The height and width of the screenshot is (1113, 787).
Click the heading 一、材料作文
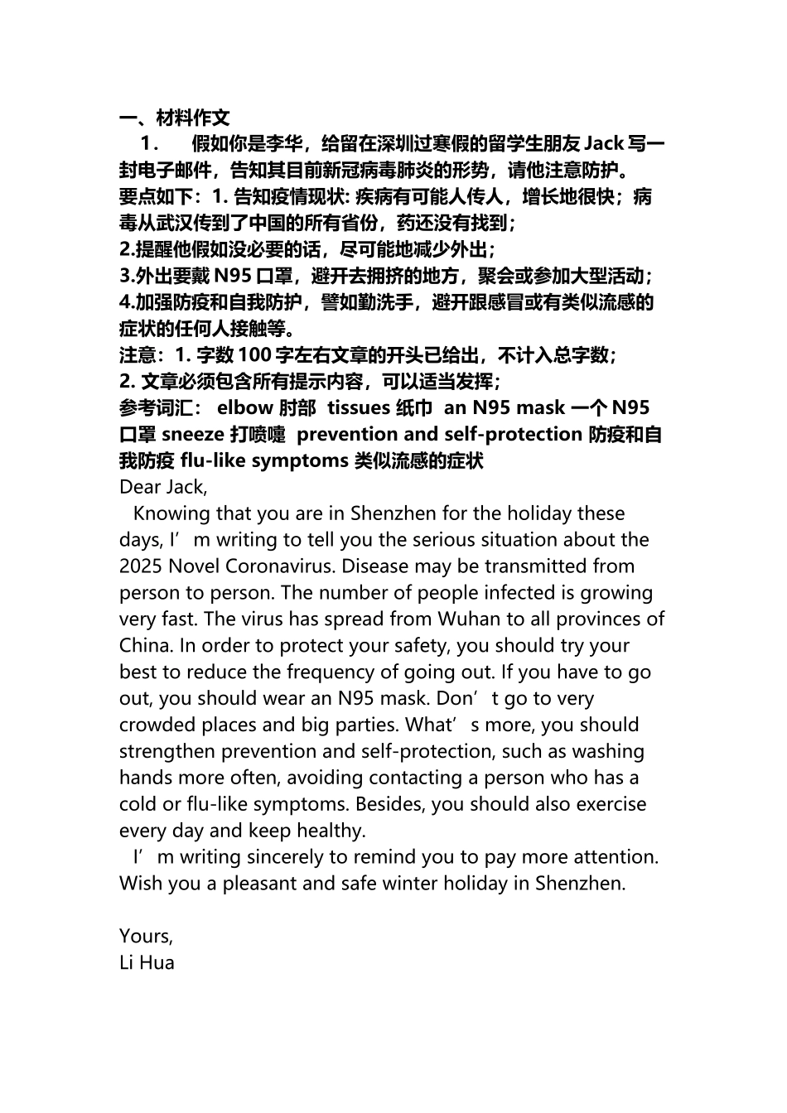point(174,118)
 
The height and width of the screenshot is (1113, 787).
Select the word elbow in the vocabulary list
point(244,407)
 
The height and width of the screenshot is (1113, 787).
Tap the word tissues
point(359,407)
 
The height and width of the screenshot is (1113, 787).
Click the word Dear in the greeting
point(138,487)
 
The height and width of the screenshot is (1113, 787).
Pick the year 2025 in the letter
point(141,566)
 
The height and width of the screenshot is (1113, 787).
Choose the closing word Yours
point(146,937)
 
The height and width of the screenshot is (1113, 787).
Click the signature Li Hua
point(147,963)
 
